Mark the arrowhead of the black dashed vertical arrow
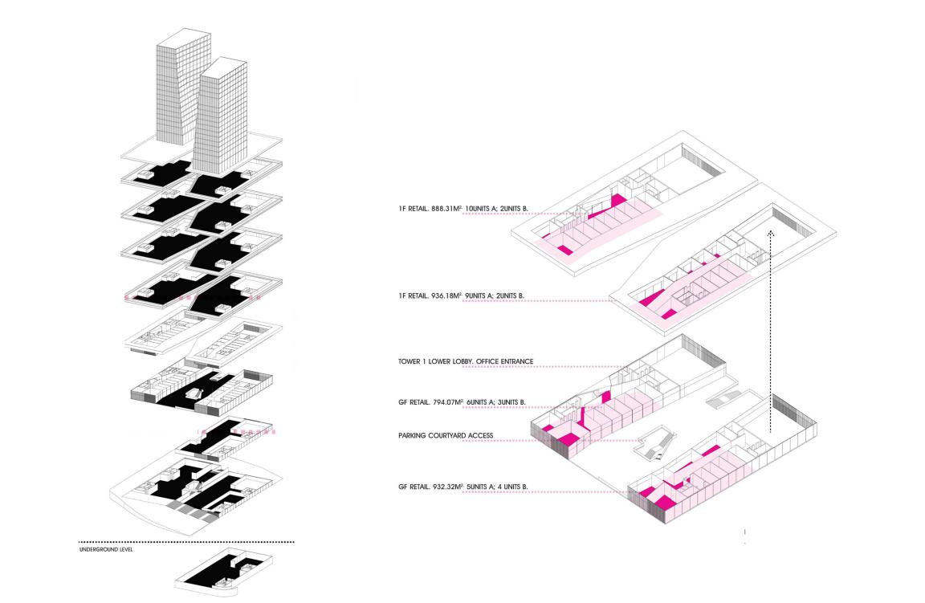click(771, 233)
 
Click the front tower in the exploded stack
click(222, 120)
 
